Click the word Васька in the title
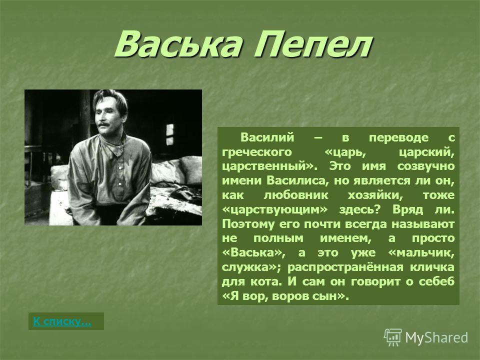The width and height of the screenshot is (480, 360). click(178, 44)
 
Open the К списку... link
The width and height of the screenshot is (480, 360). click(62, 321)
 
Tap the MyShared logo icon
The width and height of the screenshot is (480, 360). click(393, 337)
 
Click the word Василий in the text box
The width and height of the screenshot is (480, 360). click(267, 137)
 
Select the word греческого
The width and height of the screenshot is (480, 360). click(257, 152)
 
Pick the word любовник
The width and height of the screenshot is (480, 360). click(295, 195)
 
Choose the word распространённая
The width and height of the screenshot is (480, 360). click(345, 267)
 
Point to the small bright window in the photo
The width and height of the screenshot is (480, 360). click(169, 134)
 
